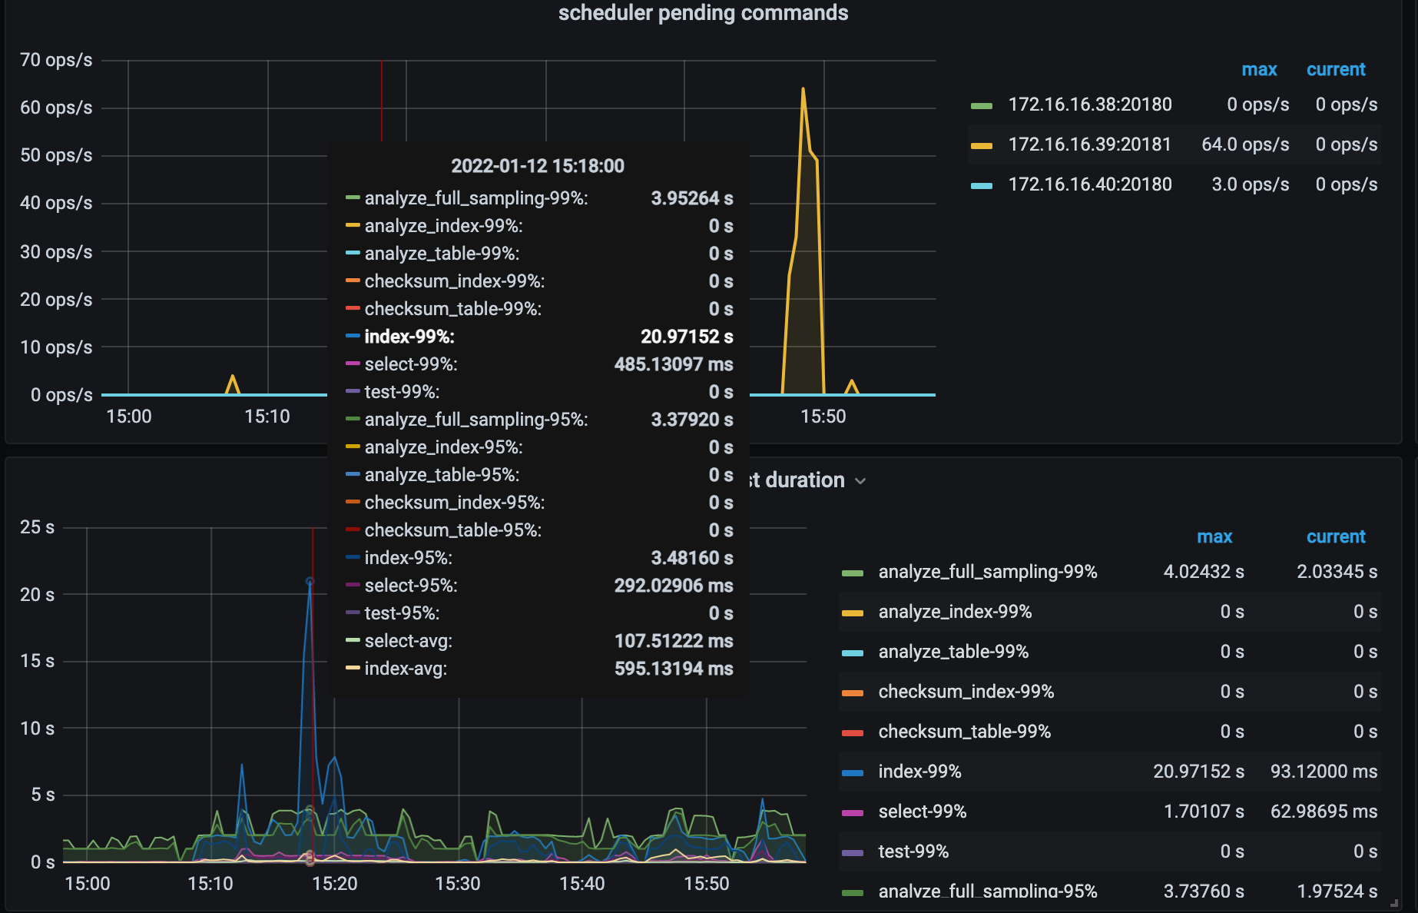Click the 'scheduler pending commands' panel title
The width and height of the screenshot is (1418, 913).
[x=703, y=13]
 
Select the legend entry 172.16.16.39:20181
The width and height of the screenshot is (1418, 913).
[x=1089, y=144]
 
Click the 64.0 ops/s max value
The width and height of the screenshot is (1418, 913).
[x=1244, y=144]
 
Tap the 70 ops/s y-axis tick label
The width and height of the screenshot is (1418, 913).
[x=56, y=60]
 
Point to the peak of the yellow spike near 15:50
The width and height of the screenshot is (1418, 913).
[x=803, y=89]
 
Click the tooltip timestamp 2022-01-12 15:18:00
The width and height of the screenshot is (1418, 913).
[x=538, y=166]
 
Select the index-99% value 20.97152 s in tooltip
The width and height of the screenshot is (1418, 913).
[x=687, y=337]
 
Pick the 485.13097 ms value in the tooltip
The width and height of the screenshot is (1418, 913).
[x=674, y=364]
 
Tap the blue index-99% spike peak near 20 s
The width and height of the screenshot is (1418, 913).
[x=310, y=582]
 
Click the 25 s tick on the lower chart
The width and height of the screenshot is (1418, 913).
[x=37, y=527]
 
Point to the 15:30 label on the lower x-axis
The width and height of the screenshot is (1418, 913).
[x=458, y=884]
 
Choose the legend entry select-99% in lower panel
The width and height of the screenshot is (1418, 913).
[x=922, y=812]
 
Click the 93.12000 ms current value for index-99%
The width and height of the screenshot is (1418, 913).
[x=1324, y=772]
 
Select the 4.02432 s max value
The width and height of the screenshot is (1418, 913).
[x=1204, y=572]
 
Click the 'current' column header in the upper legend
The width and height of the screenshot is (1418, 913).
[x=1336, y=70]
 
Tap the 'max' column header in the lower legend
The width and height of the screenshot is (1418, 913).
[x=1214, y=537]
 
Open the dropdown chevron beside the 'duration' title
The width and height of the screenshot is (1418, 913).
[x=860, y=481]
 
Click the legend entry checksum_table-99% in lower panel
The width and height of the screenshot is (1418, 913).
[x=964, y=732]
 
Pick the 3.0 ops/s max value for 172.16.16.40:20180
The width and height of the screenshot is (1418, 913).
[x=1250, y=184]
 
